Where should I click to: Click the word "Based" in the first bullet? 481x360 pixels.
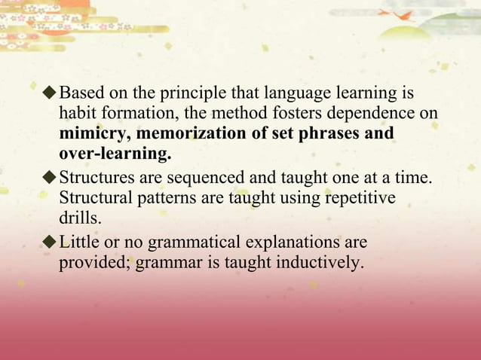(x=80, y=94)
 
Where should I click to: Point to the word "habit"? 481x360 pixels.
(x=76, y=114)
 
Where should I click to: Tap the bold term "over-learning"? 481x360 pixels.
(x=115, y=155)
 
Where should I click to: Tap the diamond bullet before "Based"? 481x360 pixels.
(x=50, y=94)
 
